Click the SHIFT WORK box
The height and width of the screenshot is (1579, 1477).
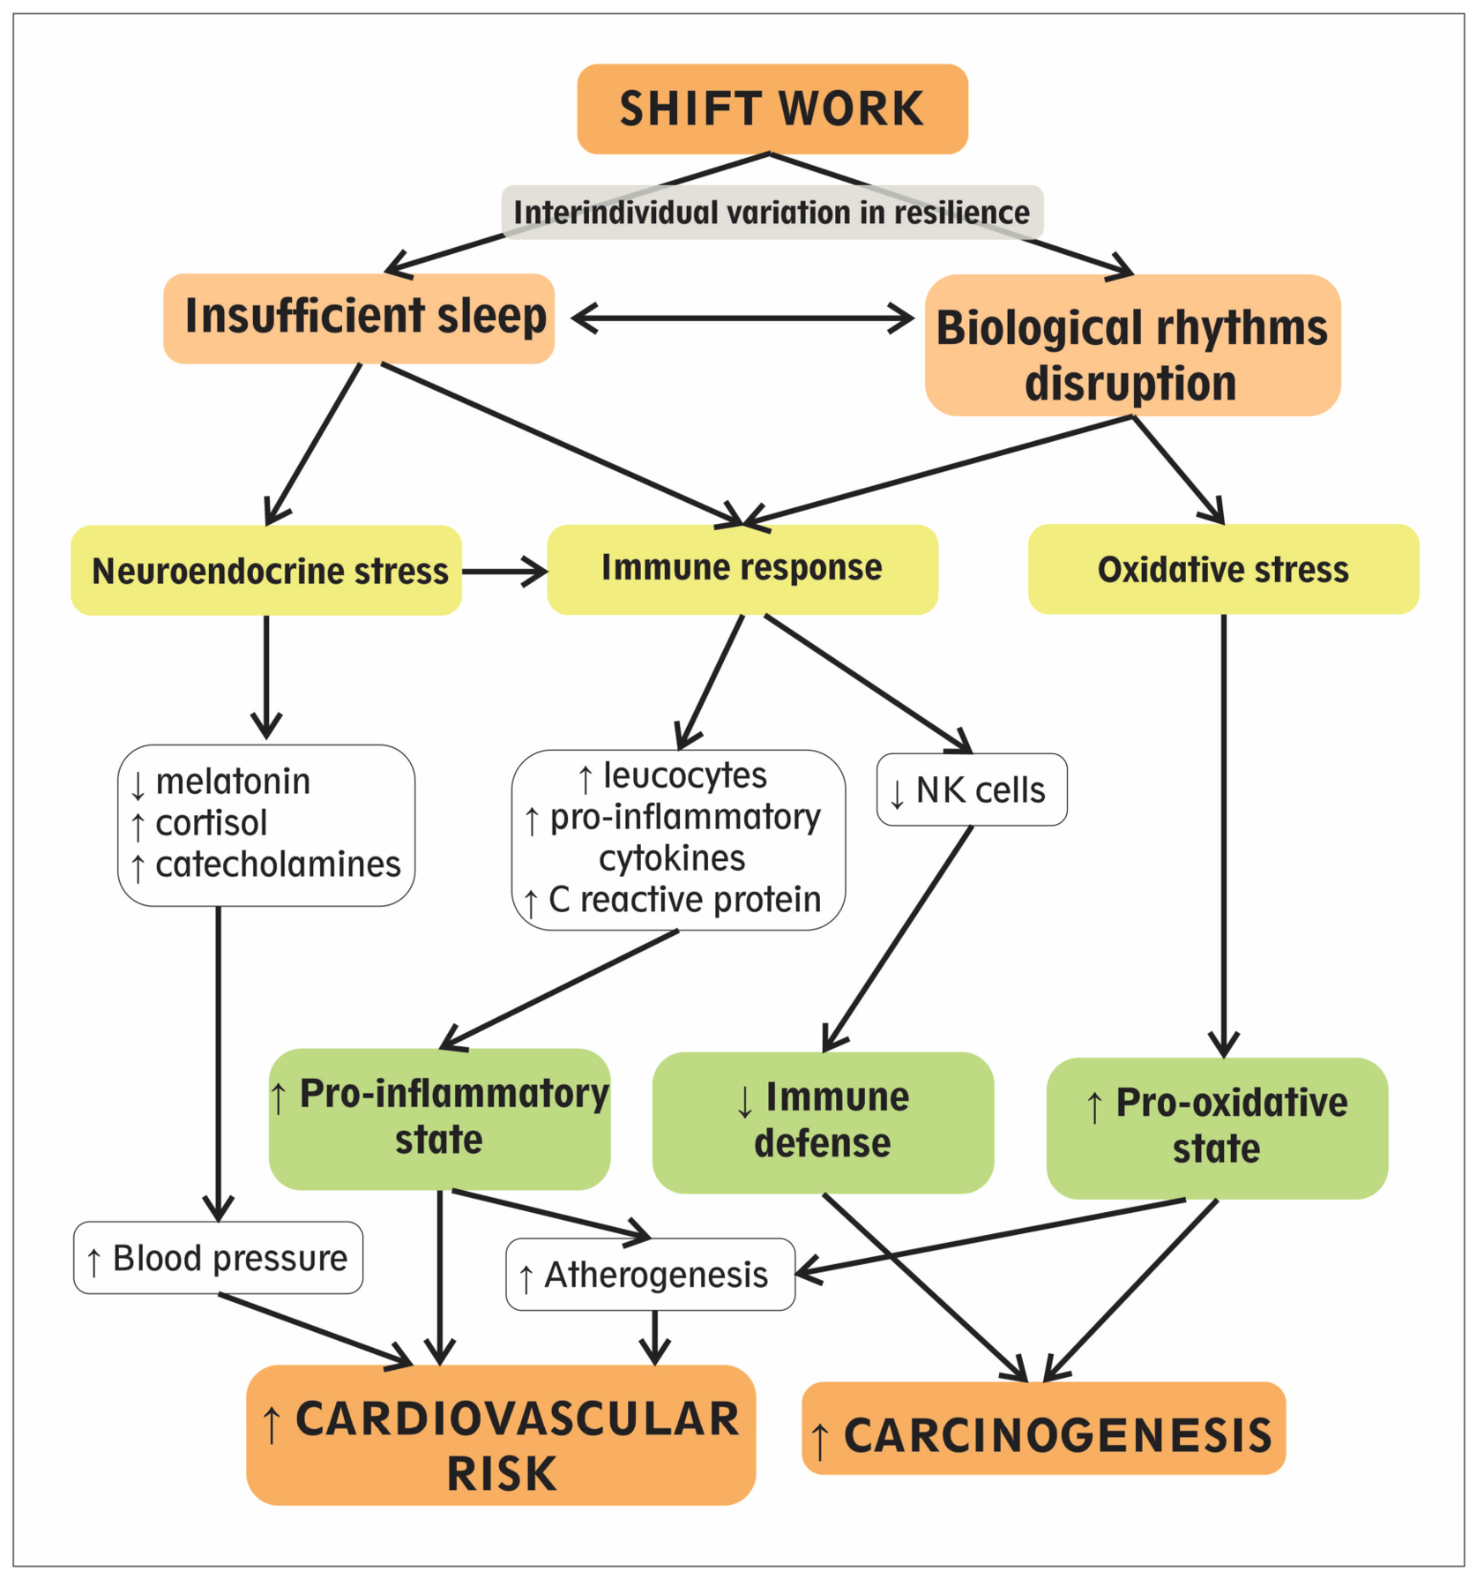click(x=772, y=109)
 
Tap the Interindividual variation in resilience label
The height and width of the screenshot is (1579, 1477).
click(x=772, y=213)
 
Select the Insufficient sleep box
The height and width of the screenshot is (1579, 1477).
click(x=359, y=318)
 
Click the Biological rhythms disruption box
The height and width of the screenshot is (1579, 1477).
click(x=1133, y=345)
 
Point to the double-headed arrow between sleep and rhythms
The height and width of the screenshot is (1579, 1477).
click(x=743, y=318)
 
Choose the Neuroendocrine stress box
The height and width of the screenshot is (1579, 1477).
click(x=266, y=570)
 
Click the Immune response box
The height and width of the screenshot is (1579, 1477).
click(x=742, y=569)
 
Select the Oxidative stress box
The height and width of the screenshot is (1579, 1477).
click(x=1224, y=569)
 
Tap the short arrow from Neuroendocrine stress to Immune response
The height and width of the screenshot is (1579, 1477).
click(x=505, y=571)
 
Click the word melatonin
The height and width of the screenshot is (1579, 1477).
click(x=233, y=782)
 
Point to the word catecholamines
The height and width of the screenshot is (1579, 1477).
click(x=278, y=864)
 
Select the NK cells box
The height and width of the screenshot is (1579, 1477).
click(x=972, y=789)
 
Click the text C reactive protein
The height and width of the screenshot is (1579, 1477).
click(x=684, y=900)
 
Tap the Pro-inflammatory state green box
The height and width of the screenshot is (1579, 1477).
click(x=440, y=1119)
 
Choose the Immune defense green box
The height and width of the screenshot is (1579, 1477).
click(x=823, y=1122)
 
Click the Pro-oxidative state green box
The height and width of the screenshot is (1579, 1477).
click(x=1217, y=1128)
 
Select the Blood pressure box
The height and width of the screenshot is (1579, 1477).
click(x=218, y=1258)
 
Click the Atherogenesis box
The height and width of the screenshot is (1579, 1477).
click(x=651, y=1275)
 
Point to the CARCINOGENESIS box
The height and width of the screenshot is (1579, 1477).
click(x=1044, y=1428)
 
